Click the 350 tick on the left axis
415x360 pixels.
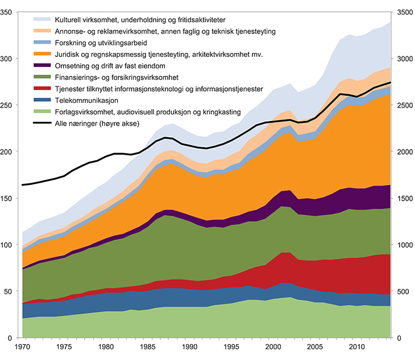[x=8, y=12]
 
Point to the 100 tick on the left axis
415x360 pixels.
[x=8, y=245]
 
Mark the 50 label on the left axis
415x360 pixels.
[x=10, y=292]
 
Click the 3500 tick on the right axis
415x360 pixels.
[x=405, y=12]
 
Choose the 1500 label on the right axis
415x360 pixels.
[x=405, y=198]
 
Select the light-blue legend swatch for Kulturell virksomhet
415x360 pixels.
[x=40, y=19]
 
